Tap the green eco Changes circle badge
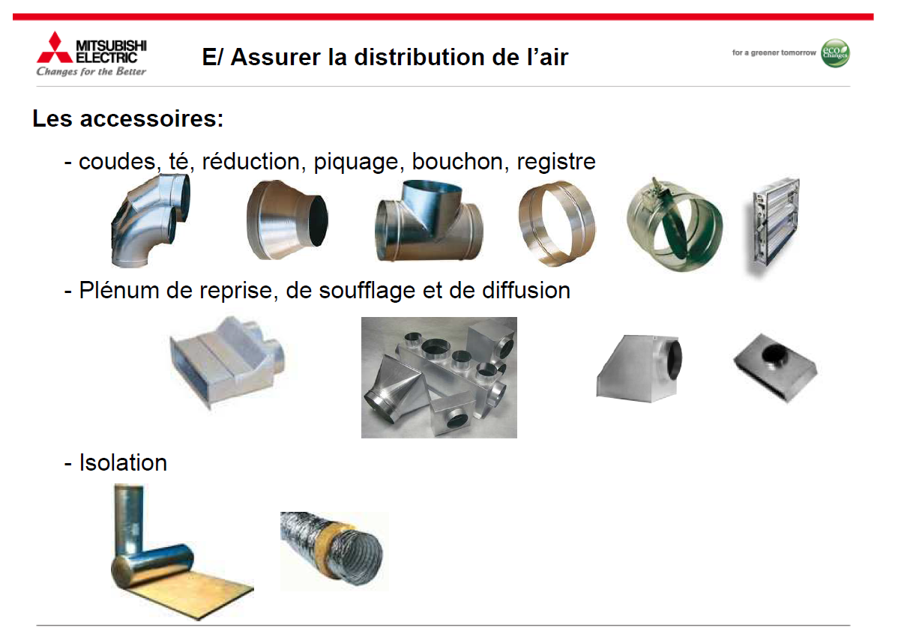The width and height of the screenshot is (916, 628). [x=835, y=53]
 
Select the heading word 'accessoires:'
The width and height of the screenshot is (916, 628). [x=151, y=118]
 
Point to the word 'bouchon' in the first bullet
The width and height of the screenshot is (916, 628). [x=457, y=161]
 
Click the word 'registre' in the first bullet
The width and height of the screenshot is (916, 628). [x=556, y=163]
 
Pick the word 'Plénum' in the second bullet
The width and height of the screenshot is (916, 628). [x=119, y=290]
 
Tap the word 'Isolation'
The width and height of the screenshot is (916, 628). [x=123, y=462]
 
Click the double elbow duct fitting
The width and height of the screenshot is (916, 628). [x=151, y=220]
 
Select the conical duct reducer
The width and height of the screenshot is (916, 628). [x=287, y=220]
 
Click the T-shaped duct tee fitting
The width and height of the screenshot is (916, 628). [x=429, y=221]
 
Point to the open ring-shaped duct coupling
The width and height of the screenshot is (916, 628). [x=557, y=223]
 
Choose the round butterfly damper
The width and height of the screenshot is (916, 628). [x=675, y=225]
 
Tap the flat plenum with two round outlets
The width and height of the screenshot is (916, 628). [x=227, y=362]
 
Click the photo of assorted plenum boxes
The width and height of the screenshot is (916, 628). [x=439, y=378]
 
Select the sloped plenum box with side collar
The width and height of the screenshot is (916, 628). [x=639, y=368]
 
